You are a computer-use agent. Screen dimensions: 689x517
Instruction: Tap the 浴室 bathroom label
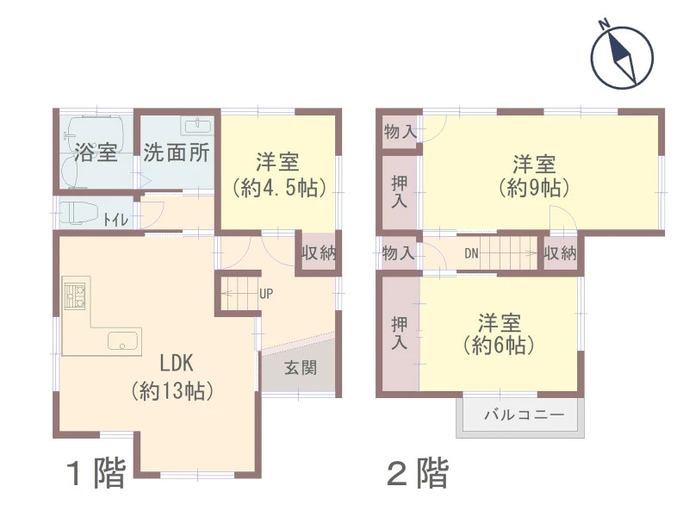pyautogui.click(x=96, y=153)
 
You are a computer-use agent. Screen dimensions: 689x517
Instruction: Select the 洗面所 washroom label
pyautogui.click(x=177, y=153)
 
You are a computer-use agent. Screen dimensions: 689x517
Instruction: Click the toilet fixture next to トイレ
pyautogui.click(x=78, y=213)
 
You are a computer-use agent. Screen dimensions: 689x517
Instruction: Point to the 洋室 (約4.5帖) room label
pyautogui.click(x=278, y=175)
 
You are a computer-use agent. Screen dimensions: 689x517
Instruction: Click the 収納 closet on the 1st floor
pyautogui.click(x=319, y=252)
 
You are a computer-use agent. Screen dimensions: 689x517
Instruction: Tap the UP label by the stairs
pyautogui.click(x=266, y=293)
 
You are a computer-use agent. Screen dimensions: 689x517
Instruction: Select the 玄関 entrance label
pyautogui.click(x=301, y=368)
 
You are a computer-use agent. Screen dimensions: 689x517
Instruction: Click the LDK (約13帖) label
pyautogui.click(x=172, y=377)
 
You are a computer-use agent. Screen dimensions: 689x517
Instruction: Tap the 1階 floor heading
pyautogui.click(x=96, y=472)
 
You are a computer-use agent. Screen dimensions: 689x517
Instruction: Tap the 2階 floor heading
pyautogui.click(x=418, y=472)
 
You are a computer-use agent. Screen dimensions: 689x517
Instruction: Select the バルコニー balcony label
pyautogui.click(x=524, y=414)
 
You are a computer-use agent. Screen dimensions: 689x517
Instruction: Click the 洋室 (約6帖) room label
pyautogui.click(x=500, y=334)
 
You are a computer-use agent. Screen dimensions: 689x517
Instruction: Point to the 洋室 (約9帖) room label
pyautogui.click(x=534, y=176)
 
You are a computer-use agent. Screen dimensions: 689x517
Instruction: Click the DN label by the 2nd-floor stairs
pyautogui.click(x=471, y=253)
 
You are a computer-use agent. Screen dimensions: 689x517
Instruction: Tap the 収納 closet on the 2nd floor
pyautogui.click(x=560, y=252)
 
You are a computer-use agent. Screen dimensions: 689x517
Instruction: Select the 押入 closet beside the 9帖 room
pyautogui.click(x=399, y=191)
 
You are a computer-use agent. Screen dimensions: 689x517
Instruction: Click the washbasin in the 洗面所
pyautogui.click(x=197, y=126)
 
